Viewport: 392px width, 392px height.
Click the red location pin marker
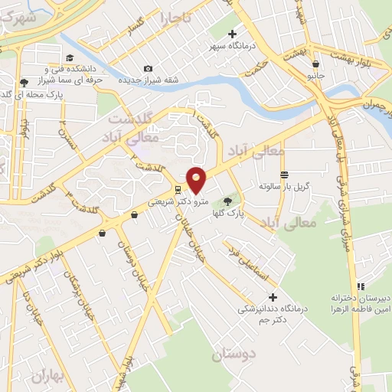pyautogui.click(x=197, y=179)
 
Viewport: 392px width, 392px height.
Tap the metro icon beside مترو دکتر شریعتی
pyautogui.click(x=178, y=189)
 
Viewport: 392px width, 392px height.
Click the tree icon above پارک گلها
pyautogui.click(x=227, y=202)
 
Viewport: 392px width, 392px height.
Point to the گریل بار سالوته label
pyautogui.click(x=284, y=186)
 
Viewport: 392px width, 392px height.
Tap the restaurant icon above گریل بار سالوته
pyautogui.click(x=284, y=173)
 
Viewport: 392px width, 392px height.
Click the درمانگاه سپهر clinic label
pyautogui.click(x=233, y=46)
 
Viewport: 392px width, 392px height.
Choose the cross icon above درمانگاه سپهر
pyautogui.click(x=233, y=34)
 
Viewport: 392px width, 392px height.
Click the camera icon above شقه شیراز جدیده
pyautogui.click(x=148, y=69)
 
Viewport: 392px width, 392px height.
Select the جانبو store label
pyautogui.click(x=316, y=76)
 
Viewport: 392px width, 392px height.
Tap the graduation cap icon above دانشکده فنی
pyautogui.click(x=70, y=58)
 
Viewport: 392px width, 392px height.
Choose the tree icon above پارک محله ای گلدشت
pyautogui.click(x=24, y=82)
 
